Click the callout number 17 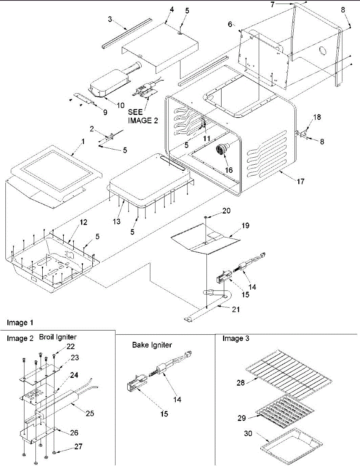pos(301,182)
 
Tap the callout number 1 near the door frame pos(83,141)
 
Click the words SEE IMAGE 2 pos(143,116)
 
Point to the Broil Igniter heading pos(58,337)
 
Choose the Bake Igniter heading pos(152,345)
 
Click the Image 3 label pos(236,338)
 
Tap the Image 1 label pos(20,323)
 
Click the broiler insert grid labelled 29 pos(285,411)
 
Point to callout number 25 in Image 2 pos(90,413)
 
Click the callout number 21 pos(236,309)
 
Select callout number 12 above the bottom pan pos(83,222)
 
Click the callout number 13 pos(117,221)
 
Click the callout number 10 pos(121,105)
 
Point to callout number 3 pos(110,19)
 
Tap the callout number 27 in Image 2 pos(78,447)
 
